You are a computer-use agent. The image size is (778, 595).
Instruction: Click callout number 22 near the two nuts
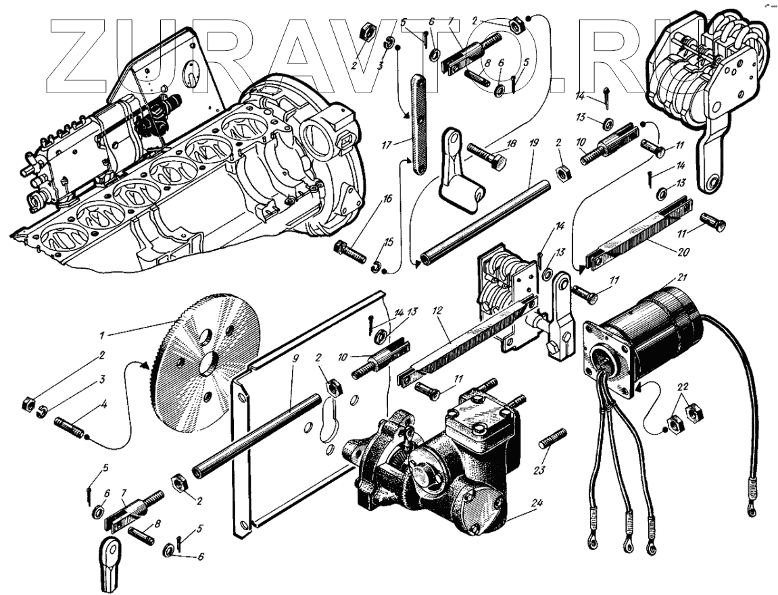[683, 386]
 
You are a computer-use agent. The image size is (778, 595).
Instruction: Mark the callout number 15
[387, 242]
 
